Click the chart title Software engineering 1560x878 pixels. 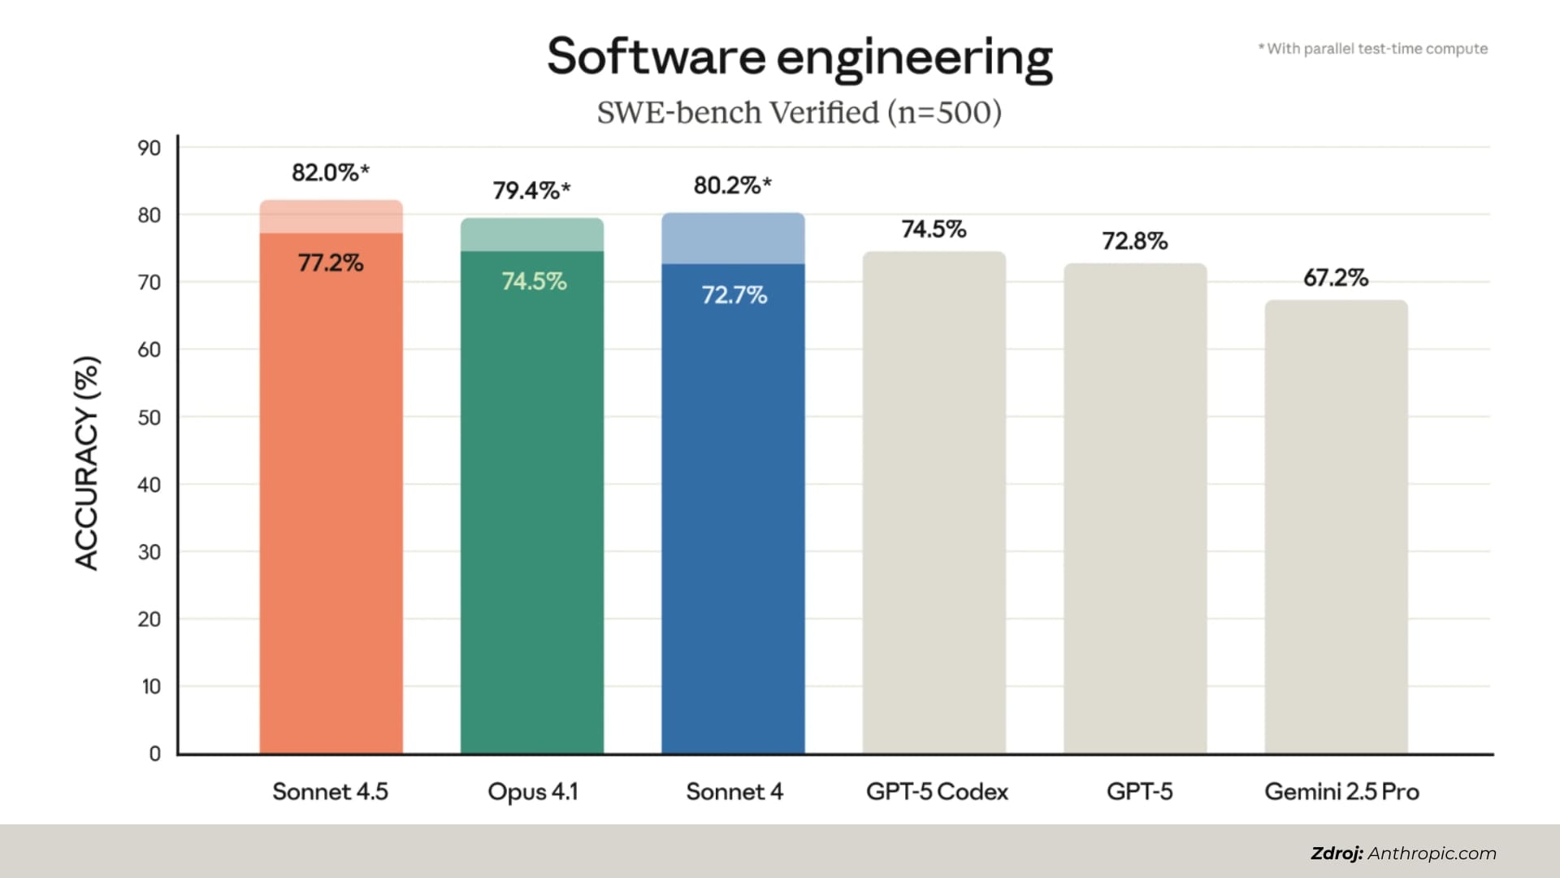[799, 57]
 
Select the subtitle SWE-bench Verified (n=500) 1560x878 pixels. [799, 112]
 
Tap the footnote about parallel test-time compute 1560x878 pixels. [1373, 49]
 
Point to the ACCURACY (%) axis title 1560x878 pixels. [87, 463]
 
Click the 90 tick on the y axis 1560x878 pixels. [149, 148]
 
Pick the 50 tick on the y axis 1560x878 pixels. [149, 417]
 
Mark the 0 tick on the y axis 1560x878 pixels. [154, 754]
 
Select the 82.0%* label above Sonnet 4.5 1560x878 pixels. [330, 172]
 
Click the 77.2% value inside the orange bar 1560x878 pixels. [331, 263]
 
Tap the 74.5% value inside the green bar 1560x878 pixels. [533, 281]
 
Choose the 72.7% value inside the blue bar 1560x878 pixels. [734, 294]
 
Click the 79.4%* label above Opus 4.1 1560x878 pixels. [531, 190]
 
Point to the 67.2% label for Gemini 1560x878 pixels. [1336, 278]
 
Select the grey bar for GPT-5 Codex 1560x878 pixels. [934, 504]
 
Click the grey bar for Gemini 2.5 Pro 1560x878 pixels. [1336, 528]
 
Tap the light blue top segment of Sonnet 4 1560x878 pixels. [733, 239]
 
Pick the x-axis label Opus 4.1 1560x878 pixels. [532, 792]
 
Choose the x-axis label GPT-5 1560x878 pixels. [1139, 792]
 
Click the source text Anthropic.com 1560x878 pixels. [1432, 853]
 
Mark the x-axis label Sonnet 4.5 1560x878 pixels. [330, 792]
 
